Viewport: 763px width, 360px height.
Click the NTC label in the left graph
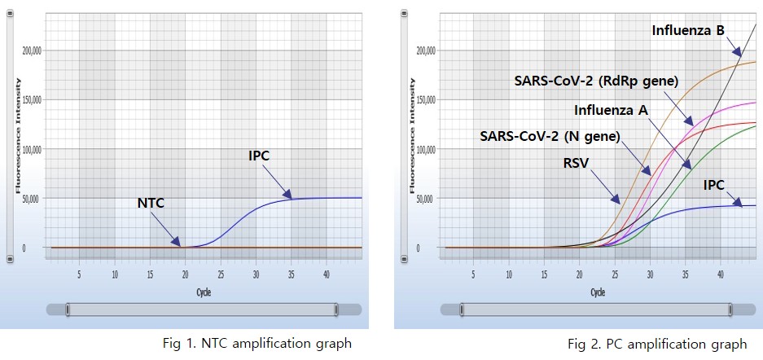[x=150, y=203]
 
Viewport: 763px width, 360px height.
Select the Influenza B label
[x=688, y=31]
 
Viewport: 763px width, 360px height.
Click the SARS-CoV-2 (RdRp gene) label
[x=595, y=81]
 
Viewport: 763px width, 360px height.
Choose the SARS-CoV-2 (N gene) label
[x=550, y=135]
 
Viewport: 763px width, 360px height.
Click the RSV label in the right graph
[x=577, y=161]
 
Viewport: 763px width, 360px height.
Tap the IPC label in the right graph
[x=714, y=185]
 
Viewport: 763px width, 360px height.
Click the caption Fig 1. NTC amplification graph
[x=256, y=343]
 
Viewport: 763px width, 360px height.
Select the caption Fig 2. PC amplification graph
[x=657, y=344]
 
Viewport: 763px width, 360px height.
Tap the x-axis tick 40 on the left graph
[x=327, y=274]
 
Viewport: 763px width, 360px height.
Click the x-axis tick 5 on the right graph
[x=473, y=274]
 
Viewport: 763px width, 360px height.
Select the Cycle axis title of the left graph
[x=204, y=291]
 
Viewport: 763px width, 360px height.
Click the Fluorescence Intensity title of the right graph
[x=412, y=135]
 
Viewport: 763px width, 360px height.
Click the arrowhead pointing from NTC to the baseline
[x=179, y=243]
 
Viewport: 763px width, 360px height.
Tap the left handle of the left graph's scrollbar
[x=68, y=310]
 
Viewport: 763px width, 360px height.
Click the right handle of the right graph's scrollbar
[x=730, y=310]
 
